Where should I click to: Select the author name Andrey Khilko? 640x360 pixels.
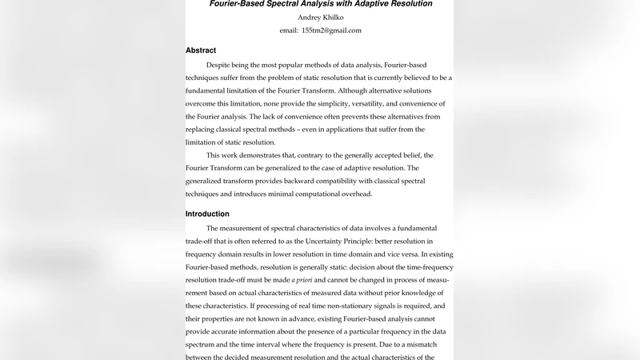pos(320,17)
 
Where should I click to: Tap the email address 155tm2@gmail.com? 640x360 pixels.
pos(331,30)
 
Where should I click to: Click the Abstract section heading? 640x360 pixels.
pos(201,50)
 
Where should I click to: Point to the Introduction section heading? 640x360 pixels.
pos(207,214)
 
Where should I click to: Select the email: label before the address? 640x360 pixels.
pos(289,30)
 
